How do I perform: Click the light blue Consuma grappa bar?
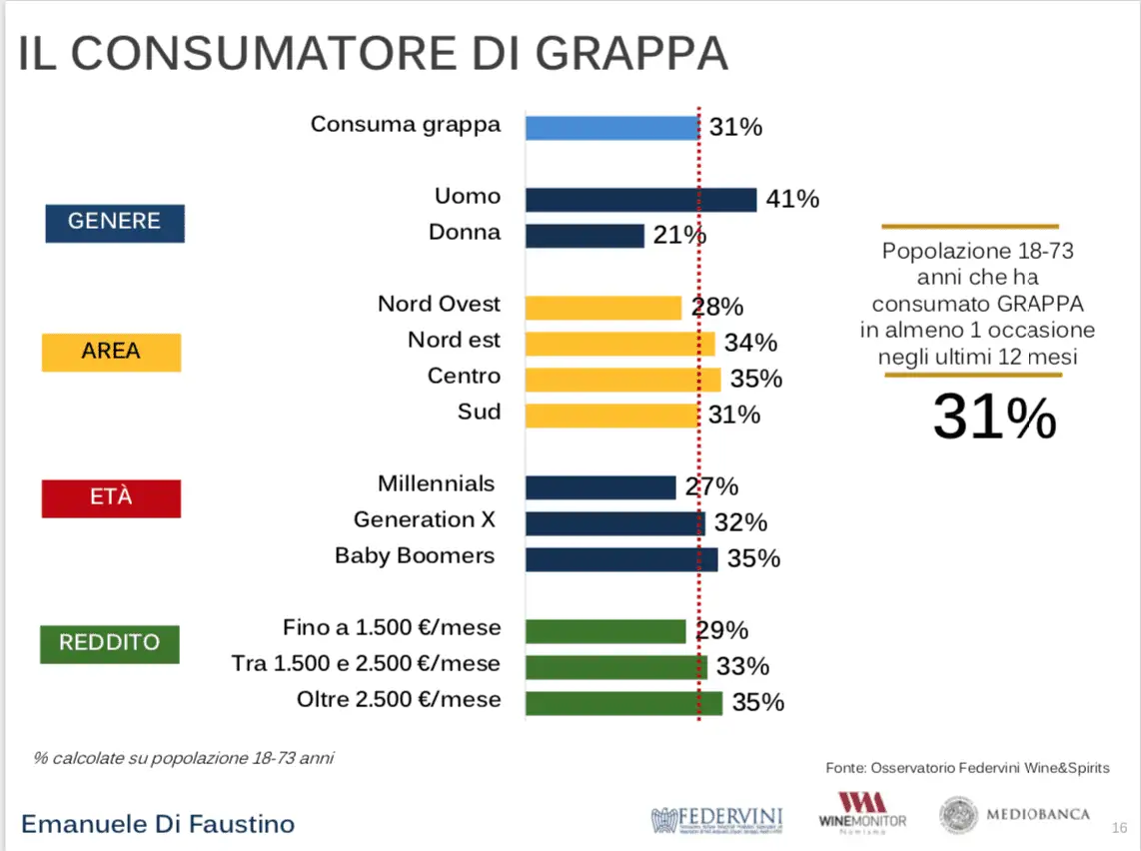point(611,128)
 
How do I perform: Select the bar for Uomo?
point(640,200)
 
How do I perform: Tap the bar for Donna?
point(584,236)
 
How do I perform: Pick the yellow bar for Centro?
point(622,380)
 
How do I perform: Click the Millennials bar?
point(600,487)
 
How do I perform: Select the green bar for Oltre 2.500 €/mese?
point(623,703)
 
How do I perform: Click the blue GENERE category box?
point(115,222)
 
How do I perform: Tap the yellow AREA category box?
point(111,353)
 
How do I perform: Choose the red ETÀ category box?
point(111,498)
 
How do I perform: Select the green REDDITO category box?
point(110,643)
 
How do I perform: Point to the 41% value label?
point(792,200)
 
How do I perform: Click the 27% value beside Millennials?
point(711,487)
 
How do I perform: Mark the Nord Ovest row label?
point(439,304)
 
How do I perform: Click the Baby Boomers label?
point(415,556)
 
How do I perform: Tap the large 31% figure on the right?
point(994,418)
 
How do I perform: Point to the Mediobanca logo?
point(1014,815)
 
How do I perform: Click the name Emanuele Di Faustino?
point(158,824)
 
